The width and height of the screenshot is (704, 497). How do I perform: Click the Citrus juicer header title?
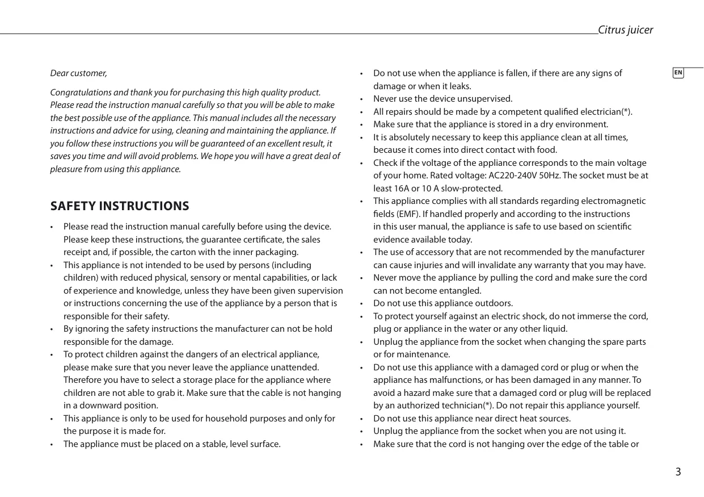[625, 30]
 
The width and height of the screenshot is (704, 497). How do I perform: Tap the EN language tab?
[678, 73]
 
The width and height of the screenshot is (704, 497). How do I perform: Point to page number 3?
[678, 472]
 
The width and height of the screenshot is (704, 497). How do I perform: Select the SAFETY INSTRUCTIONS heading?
[120, 206]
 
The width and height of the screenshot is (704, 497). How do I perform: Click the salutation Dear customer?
[78, 73]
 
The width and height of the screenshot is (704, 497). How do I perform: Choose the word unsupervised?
[486, 99]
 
